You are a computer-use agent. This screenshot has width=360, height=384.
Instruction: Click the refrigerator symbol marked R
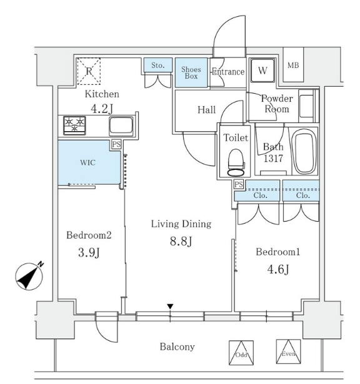tap(89, 71)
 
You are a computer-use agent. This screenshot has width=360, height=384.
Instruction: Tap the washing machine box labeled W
tap(262, 71)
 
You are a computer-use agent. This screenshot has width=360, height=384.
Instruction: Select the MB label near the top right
tap(292, 65)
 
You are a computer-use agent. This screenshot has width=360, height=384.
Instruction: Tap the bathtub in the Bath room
tap(304, 152)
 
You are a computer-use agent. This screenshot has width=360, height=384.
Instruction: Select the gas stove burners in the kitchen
tap(75, 126)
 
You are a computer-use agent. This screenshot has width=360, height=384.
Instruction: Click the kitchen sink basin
tap(120, 126)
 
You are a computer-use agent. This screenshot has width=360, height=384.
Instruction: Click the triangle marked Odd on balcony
tap(241, 352)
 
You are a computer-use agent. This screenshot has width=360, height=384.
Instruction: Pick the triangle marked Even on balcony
tap(288, 351)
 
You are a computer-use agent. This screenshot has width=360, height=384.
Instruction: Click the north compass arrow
tap(29, 275)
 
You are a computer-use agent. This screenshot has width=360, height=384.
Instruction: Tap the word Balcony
tap(177, 347)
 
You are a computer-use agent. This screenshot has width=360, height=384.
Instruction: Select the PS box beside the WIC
tap(116, 145)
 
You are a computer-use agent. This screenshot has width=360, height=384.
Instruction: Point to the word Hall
tap(206, 110)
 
